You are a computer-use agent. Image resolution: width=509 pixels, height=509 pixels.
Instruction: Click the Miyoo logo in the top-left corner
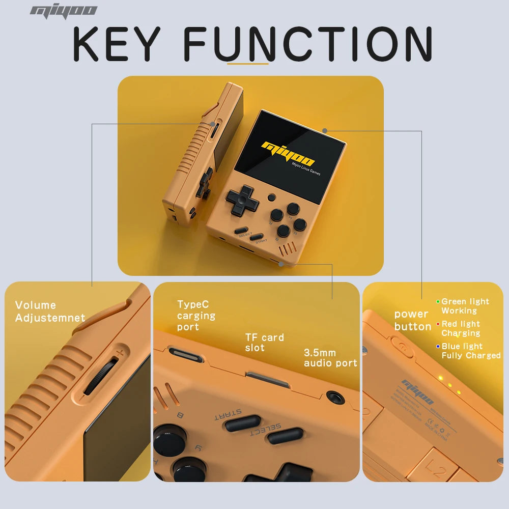point(63,11)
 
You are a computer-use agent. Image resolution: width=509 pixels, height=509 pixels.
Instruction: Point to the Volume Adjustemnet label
point(50,312)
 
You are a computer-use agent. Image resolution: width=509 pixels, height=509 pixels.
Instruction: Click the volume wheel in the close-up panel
point(101,375)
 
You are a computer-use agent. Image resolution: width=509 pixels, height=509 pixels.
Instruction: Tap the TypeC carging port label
point(196,316)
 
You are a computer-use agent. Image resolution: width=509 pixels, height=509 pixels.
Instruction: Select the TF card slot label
point(264,343)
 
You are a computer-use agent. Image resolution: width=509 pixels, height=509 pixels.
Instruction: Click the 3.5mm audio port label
point(330,358)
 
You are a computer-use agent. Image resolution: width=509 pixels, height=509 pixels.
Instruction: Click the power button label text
point(412,321)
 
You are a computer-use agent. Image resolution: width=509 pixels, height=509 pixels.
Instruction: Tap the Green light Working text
point(465,306)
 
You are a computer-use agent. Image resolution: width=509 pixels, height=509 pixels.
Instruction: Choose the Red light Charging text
point(460,328)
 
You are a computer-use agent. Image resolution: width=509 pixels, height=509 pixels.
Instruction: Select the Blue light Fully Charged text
point(470,351)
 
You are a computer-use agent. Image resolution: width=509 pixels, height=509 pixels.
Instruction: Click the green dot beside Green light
point(438,301)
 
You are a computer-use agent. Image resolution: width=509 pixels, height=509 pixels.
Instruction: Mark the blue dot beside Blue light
point(438,346)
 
